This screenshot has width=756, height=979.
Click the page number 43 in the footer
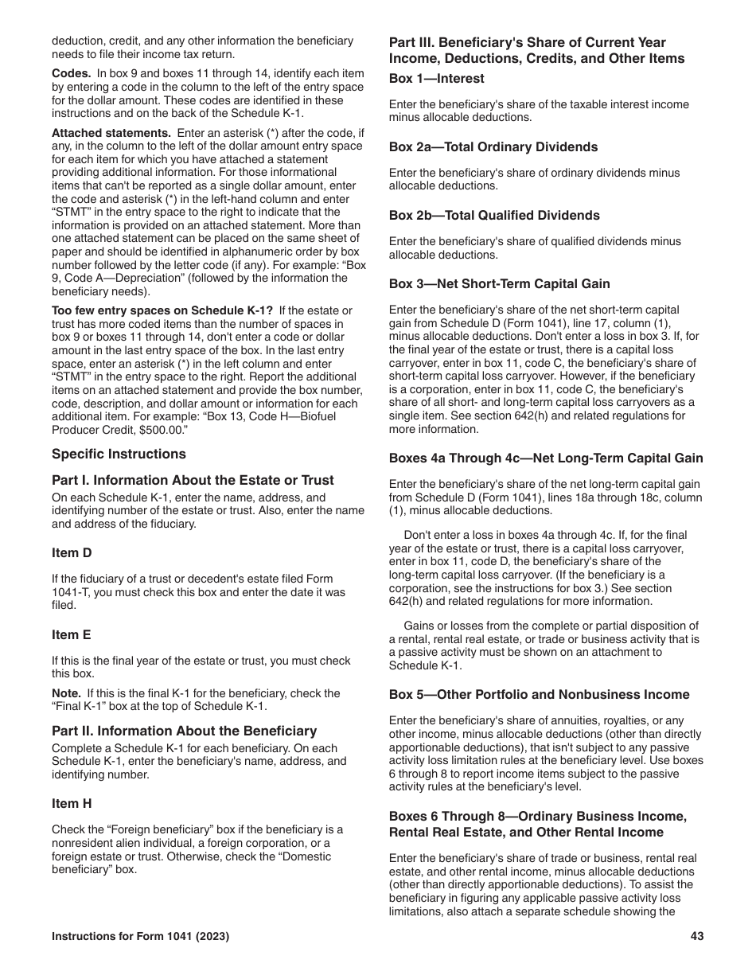pos(697,937)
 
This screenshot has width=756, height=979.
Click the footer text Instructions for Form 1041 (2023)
pos(140,937)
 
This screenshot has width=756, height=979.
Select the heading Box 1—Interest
pos(436,79)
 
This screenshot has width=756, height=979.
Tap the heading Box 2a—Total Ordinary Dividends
pos(493,147)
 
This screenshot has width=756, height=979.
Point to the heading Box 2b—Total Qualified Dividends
pos(494,216)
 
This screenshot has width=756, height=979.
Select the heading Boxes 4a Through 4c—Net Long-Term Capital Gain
pos(546,458)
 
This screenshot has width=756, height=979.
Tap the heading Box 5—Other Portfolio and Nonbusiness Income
pos(539,695)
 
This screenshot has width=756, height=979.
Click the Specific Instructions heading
pos(119,454)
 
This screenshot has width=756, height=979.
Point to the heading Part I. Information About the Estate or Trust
pos(193,481)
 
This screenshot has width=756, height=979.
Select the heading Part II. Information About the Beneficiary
pos(184,731)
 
